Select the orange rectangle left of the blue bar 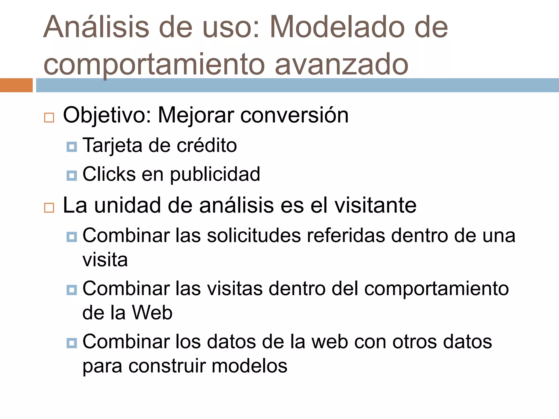coord(16,85)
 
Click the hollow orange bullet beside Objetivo coord(49,118)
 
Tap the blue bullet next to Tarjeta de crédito coord(72,147)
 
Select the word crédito coord(207,145)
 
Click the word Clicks coord(109,174)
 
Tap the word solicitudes coord(254,235)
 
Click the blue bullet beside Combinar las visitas coord(72,290)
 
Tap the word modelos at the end coord(249,366)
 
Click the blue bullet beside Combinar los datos coord(72,343)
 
